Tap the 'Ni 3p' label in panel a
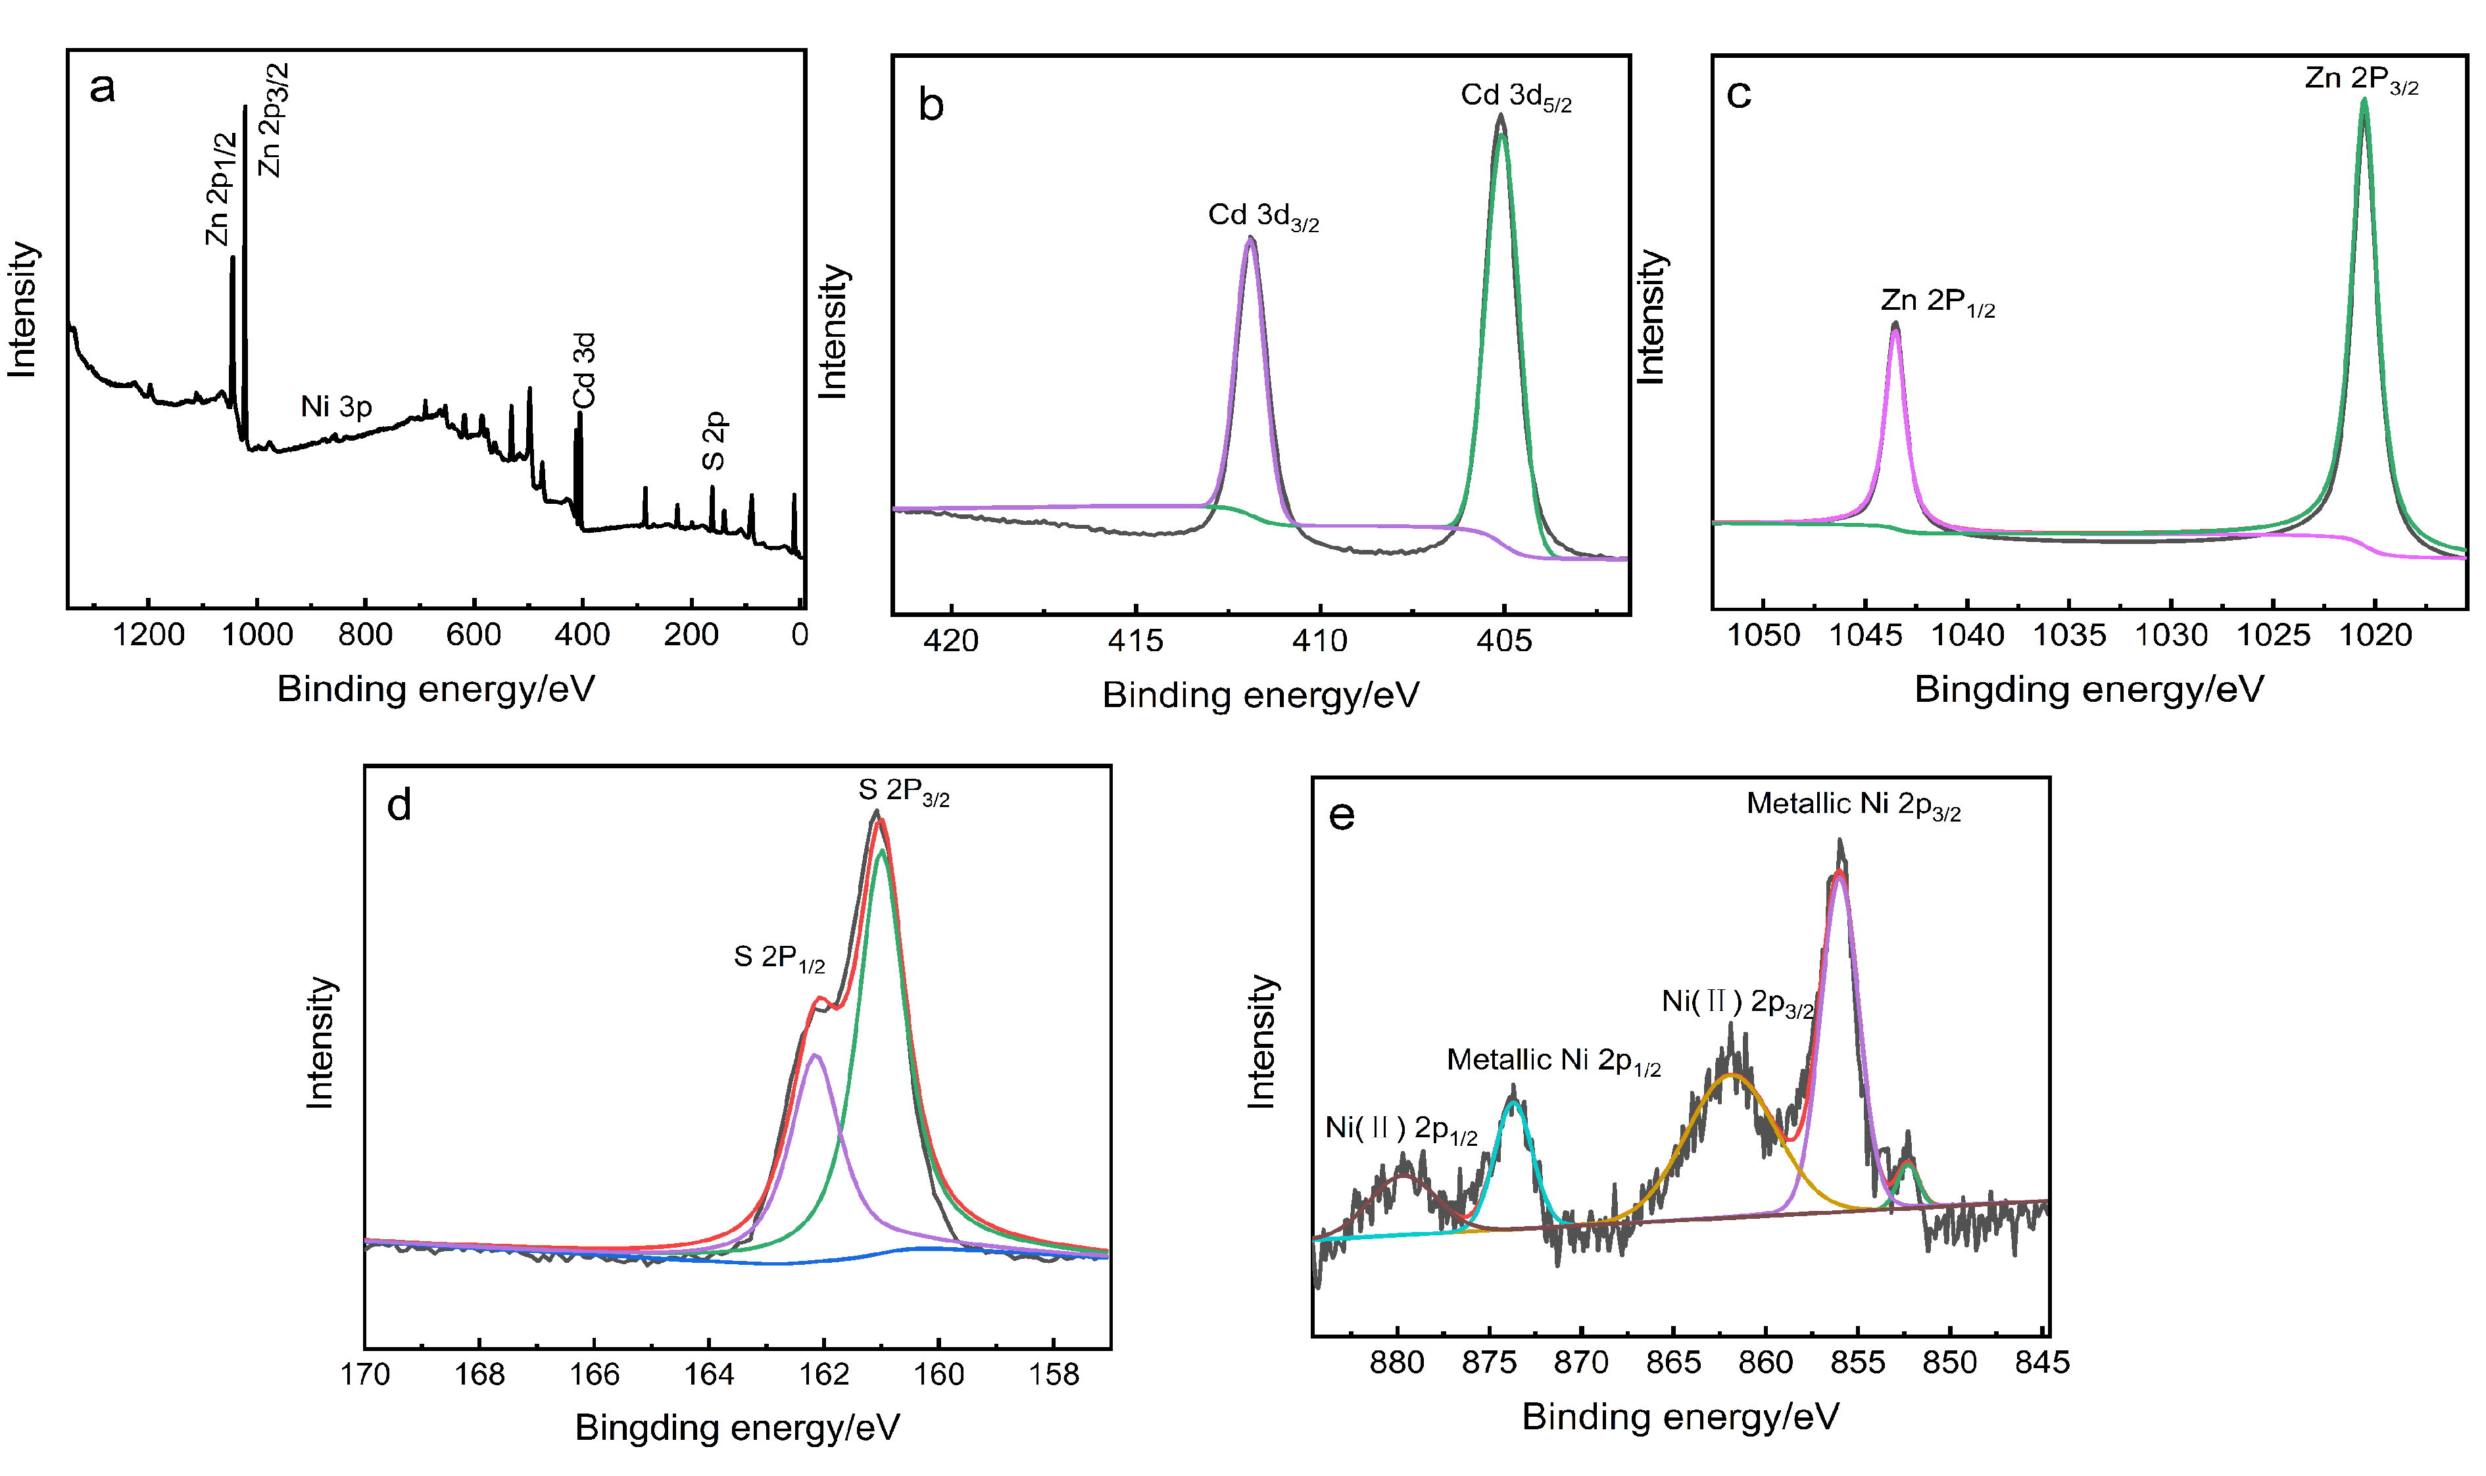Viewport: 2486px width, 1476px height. coord(336,406)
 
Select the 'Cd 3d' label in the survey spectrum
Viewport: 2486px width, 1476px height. coord(585,371)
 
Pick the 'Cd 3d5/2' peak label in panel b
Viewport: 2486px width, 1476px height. coord(1515,97)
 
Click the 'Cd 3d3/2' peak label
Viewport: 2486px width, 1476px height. coord(1263,216)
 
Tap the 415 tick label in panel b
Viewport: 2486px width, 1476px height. coord(1136,641)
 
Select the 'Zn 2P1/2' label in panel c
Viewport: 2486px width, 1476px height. coord(1937,301)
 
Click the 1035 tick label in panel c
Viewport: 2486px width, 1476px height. coord(2068,635)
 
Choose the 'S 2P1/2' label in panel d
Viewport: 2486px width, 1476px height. coord(779,958)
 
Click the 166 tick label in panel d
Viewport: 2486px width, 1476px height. coord(594,1375)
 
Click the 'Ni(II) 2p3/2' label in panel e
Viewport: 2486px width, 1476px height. coord(1737,1002)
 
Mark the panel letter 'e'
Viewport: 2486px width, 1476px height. coord(1342,816)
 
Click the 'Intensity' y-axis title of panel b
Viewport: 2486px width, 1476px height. coord(833,332)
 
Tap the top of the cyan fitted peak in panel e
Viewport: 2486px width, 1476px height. coord(1513,1101)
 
